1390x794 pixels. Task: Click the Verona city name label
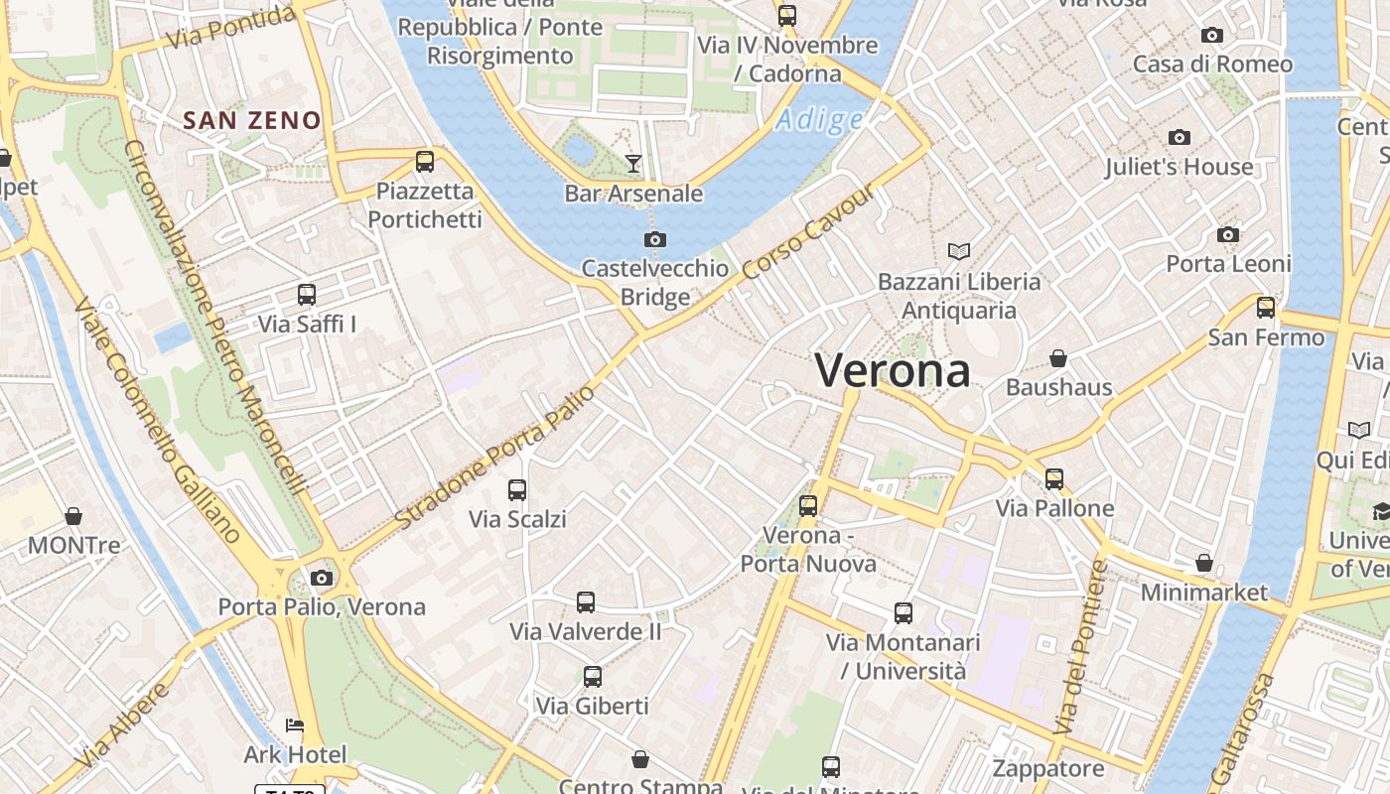[892, 370]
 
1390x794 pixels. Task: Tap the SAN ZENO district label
[252, 121]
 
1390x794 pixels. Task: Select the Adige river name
[819, 120]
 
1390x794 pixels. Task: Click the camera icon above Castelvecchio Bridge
[654, 239]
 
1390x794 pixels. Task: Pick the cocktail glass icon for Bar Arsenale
[633, 164]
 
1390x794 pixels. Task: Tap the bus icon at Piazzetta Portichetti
[425, 161]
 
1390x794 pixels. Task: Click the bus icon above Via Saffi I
[307, 295]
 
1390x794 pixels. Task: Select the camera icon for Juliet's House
[1180, 137]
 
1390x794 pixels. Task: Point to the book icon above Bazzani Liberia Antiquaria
[958, 252]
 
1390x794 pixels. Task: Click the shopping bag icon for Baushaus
[1058, 357]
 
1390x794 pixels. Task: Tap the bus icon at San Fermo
[1265, 308]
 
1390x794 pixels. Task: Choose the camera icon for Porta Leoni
[1228, 234]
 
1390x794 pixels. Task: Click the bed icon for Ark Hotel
[295, 725]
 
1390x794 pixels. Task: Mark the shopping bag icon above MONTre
[73, 516]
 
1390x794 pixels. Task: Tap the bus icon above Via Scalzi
[517, 489]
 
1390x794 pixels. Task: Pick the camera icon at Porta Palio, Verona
[321, 578]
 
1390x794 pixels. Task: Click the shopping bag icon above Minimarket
[1204, 564]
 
